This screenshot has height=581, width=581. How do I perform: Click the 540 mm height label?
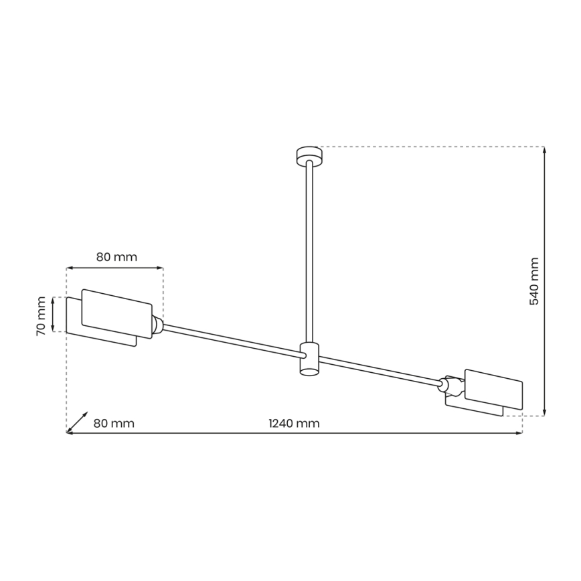click(534, 281)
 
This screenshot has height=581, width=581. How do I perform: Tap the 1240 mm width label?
click(293, 423)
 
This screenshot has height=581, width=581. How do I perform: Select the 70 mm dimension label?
click(41, 315)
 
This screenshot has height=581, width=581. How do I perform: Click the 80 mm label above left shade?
click(116, 256)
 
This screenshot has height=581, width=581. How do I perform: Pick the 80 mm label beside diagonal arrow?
click(114, 423)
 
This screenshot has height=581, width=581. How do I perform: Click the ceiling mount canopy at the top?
click(309, 155)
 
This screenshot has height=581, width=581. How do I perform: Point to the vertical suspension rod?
click(309, 254)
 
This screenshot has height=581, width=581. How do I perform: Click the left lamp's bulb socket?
click(157, 325)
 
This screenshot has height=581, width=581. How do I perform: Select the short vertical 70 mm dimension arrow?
click(55, 315)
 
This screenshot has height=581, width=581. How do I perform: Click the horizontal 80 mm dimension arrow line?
click(114, 268)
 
